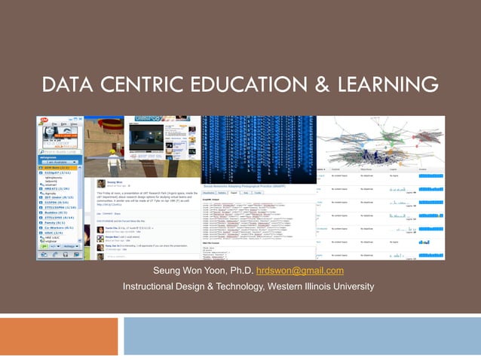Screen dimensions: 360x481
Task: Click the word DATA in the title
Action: pos(66,85)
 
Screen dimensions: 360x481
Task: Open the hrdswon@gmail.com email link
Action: pos(300,271)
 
